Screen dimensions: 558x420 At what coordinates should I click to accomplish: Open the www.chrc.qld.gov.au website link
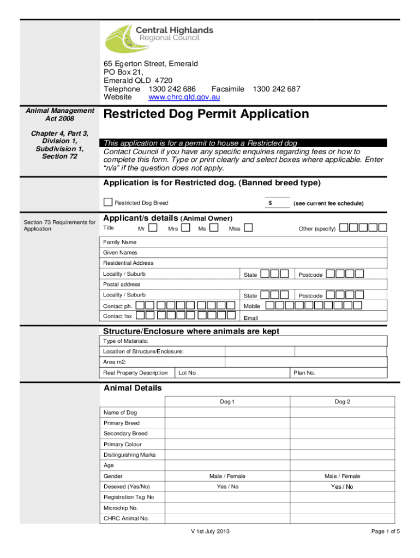(x=184, y=97)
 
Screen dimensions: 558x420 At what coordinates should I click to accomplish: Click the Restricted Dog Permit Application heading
(x=206, y=114)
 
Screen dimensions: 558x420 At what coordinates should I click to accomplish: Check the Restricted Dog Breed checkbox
(x=108, y=202)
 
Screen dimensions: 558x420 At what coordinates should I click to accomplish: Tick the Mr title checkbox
(x=153, y=228)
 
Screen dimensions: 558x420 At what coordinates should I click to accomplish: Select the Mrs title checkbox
(x=186, y=228)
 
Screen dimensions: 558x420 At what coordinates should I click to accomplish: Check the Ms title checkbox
(x=214, y=228)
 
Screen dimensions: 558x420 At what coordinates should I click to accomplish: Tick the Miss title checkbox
(x=248, y=228)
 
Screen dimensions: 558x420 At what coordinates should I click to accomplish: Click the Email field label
(x=250, y=318)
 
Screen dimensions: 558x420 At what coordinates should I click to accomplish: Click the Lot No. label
(x=188, y=373)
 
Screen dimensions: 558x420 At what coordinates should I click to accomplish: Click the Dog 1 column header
(x=227, y=402)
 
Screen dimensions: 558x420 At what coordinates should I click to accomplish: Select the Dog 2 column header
(x=342, y=402)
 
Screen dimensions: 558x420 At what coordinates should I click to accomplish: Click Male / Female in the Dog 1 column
(x=227, y=476)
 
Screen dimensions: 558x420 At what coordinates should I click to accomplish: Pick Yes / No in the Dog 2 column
(x=342, y=487)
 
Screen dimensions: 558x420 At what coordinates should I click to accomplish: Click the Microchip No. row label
(x=121, y=508)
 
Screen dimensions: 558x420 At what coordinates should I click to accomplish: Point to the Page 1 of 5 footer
(x=385, y=532)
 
